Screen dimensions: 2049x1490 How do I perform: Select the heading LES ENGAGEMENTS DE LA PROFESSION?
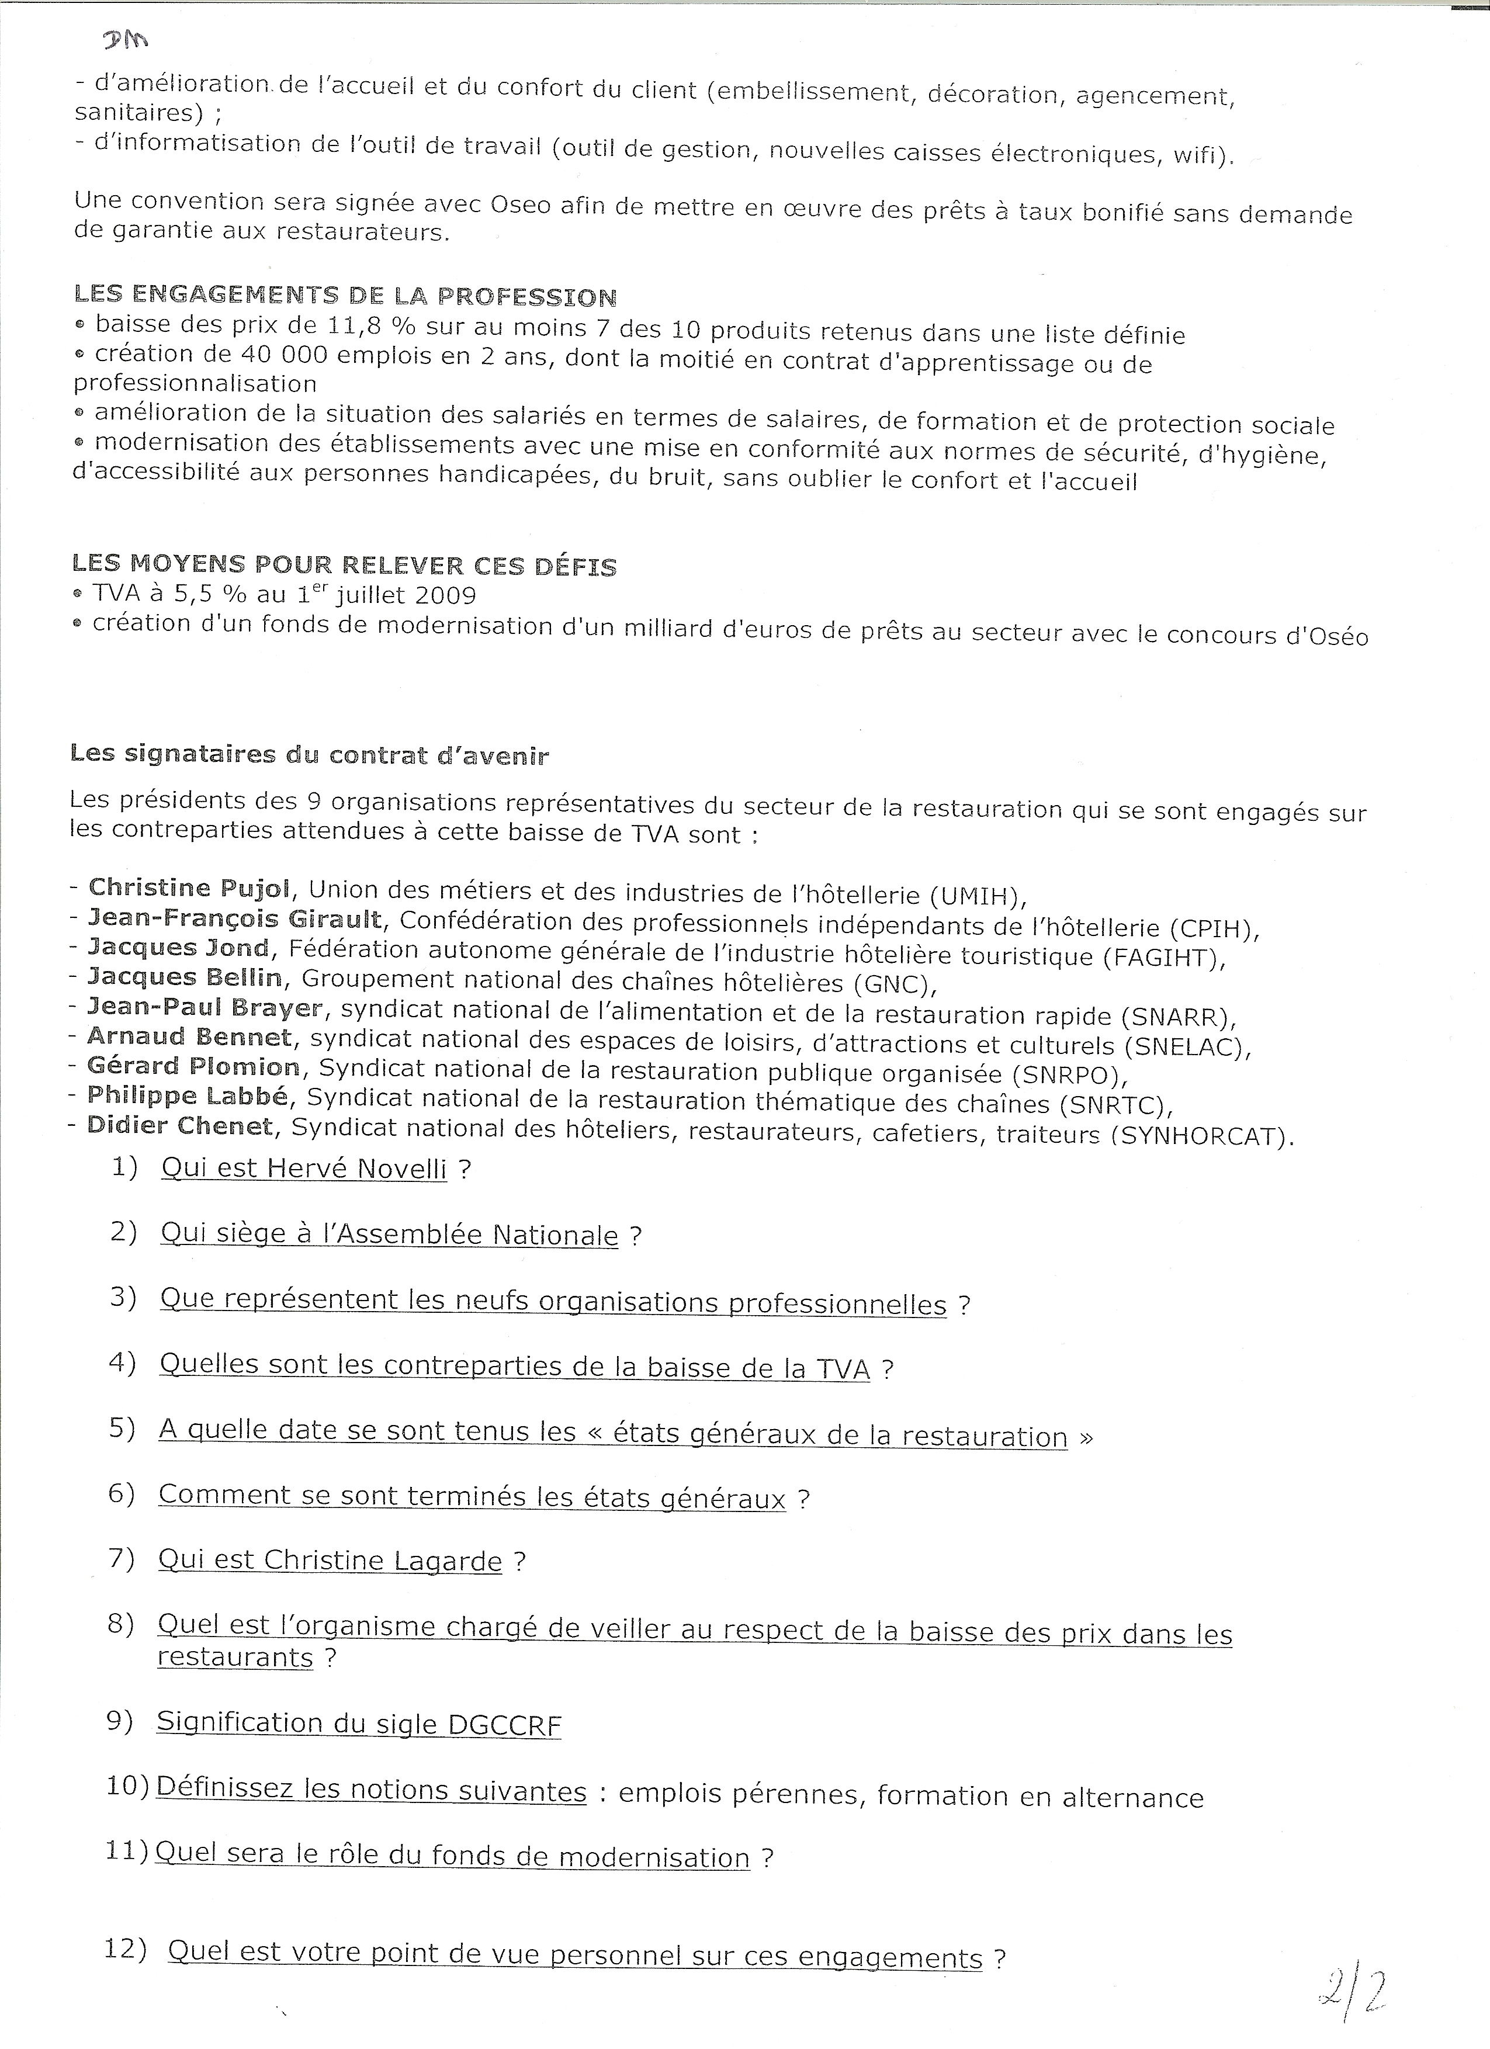coord(345,296)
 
